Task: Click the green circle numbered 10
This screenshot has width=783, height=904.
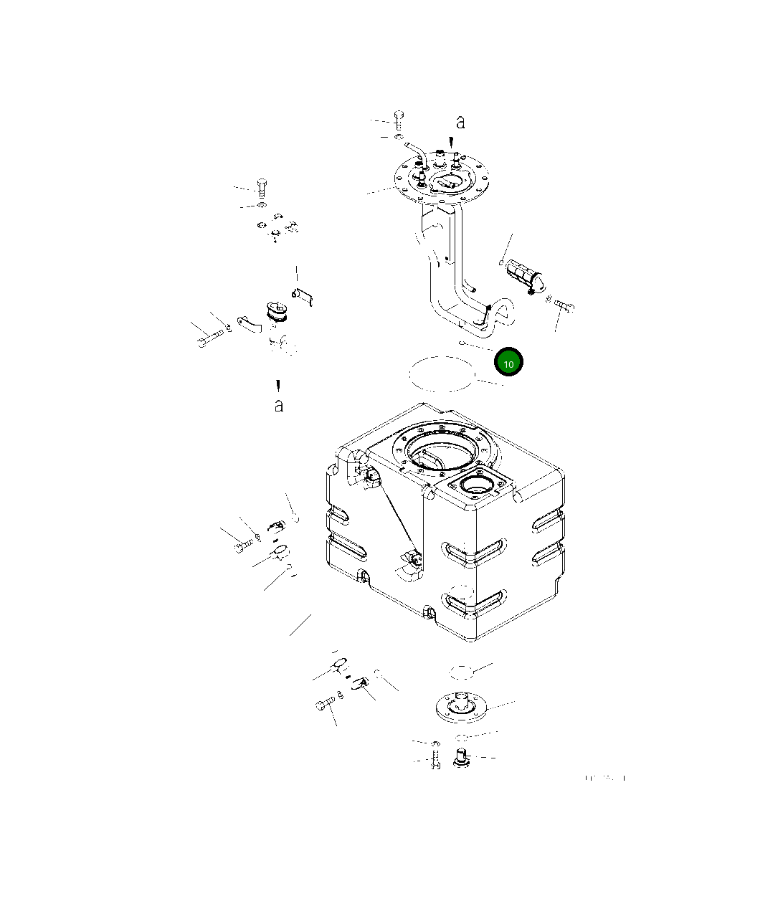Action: (x=508, y=363)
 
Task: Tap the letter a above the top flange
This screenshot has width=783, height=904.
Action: (x=460, y=123)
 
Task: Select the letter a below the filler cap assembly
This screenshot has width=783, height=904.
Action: (x=279, y=406)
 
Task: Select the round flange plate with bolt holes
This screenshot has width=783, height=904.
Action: (x=442, y=181)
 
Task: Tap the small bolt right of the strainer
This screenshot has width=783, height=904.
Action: (x=564, y=307)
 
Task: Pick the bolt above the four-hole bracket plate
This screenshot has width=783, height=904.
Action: (x=262, y=187)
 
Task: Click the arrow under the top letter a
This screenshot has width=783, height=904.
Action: (x=451, y=142)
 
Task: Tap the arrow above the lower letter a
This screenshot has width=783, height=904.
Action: (x=277, y=385)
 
